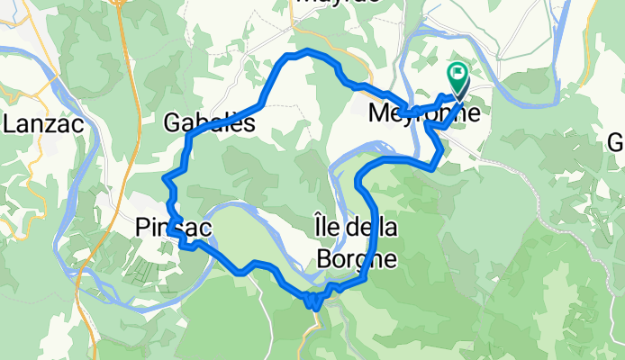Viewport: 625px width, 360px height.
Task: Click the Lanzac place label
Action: [x=44, y=123]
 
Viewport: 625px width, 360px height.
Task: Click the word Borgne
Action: [x=356, y=259]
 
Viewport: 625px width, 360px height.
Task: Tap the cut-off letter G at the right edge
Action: [x=616, y=142]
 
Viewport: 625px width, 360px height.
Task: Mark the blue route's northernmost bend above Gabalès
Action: [x=306, y=52]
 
